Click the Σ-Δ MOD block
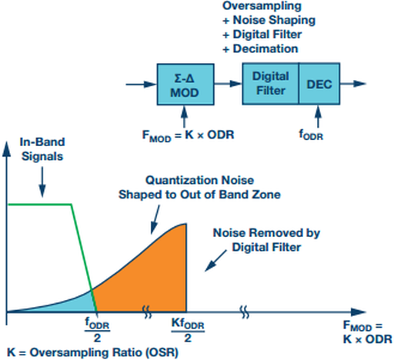click(x=185, y=84)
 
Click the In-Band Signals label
click(x=38, y=149)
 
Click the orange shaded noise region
click(x=154, y=277)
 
